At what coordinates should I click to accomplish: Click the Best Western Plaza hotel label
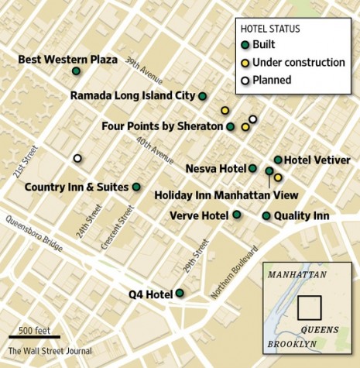click(x=67, y=59)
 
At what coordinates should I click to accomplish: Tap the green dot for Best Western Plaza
click(x=76, y=71)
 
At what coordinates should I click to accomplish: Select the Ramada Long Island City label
click(x=132, y=97)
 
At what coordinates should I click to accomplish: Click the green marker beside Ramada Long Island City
click(x=202, y=96)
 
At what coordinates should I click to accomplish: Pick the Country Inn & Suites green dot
click(x=136, y=187)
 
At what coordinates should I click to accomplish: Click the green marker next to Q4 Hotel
click(x=180, y=293)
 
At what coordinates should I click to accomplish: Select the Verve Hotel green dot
click(x=236, y=215)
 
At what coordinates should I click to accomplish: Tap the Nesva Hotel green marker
click(x=252, y=167)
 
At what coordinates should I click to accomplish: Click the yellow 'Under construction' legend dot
click(x=245, y=62)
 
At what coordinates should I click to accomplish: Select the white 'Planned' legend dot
click(x=245, y=79)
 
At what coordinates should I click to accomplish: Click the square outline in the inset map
click(x=310, y=307)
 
